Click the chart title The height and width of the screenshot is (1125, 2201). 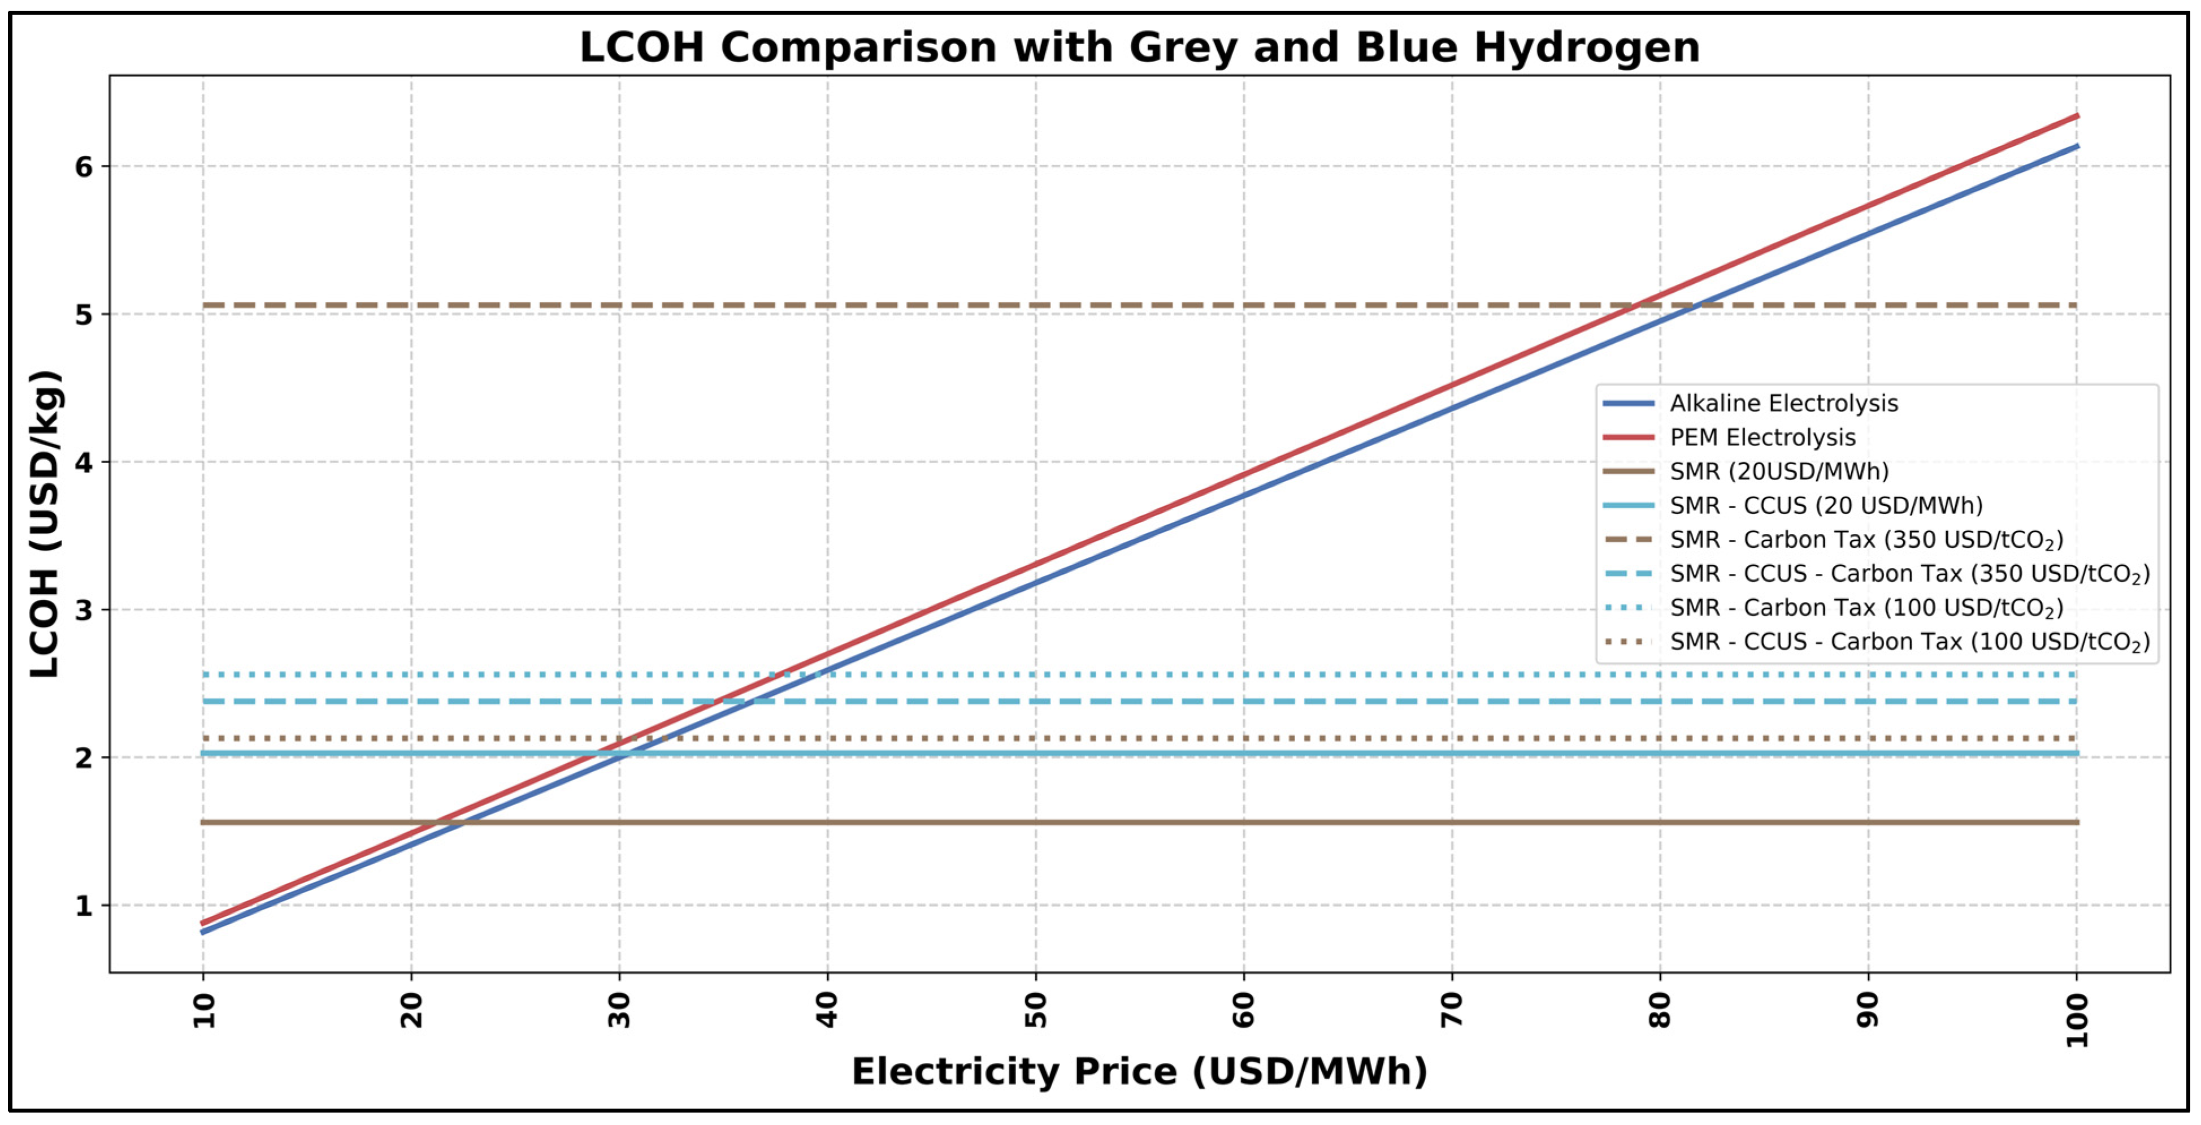(1140, 47)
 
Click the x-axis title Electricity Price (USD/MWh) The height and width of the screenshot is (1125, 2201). (1140, 1071)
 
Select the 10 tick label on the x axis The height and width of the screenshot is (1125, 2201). (203, 1010)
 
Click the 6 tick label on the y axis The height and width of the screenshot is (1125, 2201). (84, 167)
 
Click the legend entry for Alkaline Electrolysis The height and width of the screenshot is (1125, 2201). (1783, 404)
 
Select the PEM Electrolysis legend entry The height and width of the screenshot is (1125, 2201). (1762, 438)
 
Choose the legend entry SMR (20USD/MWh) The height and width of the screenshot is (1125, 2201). (1779, 471)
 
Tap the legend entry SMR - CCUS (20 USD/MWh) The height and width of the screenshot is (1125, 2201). (1826, 505)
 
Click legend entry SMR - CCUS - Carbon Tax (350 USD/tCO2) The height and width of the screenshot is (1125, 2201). (1909, 574)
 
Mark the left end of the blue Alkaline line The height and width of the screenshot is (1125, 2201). (203, 932)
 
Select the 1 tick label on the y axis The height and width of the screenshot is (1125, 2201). (84, 905)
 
